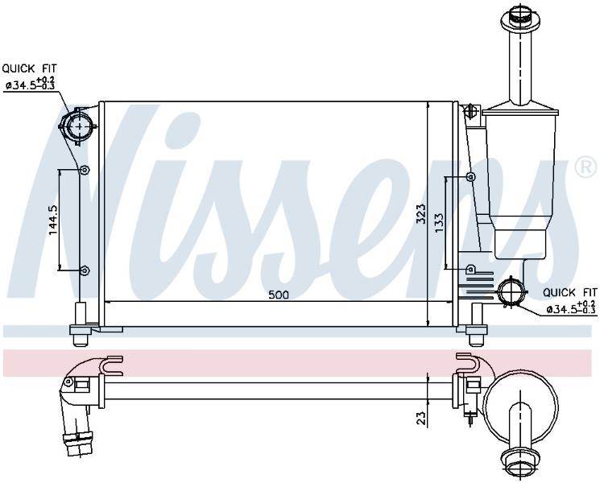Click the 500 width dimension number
(279, 295)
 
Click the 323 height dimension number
(420, 215)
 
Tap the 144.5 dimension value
(53, 220)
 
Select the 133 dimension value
(439, 222)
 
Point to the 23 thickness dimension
(420, 418)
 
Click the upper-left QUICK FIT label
(30, 69)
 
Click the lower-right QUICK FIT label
(570, 293)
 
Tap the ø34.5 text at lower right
(561, 309)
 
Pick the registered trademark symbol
(586, 167)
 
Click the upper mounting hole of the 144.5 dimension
(85, 170)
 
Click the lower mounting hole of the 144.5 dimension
(85, 270)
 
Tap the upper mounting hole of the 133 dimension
(471, 176)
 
